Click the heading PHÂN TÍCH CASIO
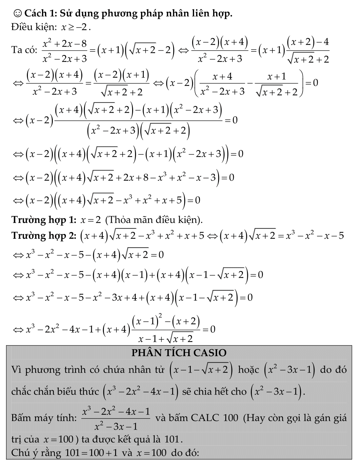[179, 353]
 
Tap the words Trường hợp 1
[44, 220]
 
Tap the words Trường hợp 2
[44, 235]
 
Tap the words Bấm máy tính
[44, 418]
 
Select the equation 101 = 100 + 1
[92, 453]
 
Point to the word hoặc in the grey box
[248, 370]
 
